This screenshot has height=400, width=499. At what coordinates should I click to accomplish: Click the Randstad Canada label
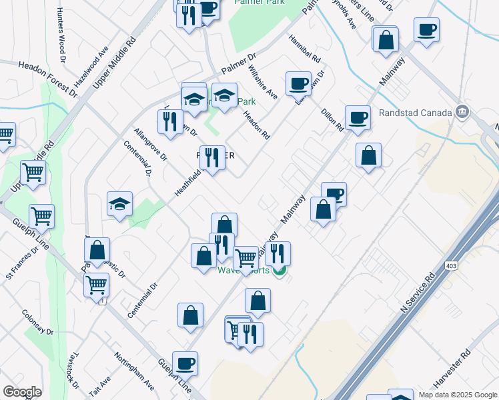pos(415,113)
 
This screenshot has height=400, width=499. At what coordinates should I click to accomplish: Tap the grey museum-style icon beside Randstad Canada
pos(461,111)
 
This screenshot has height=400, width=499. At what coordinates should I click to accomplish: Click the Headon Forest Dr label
pos(39,75)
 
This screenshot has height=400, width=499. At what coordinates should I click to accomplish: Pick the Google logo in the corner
pos(22,392)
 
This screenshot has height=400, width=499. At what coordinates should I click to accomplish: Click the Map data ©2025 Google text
pos(458,395)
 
